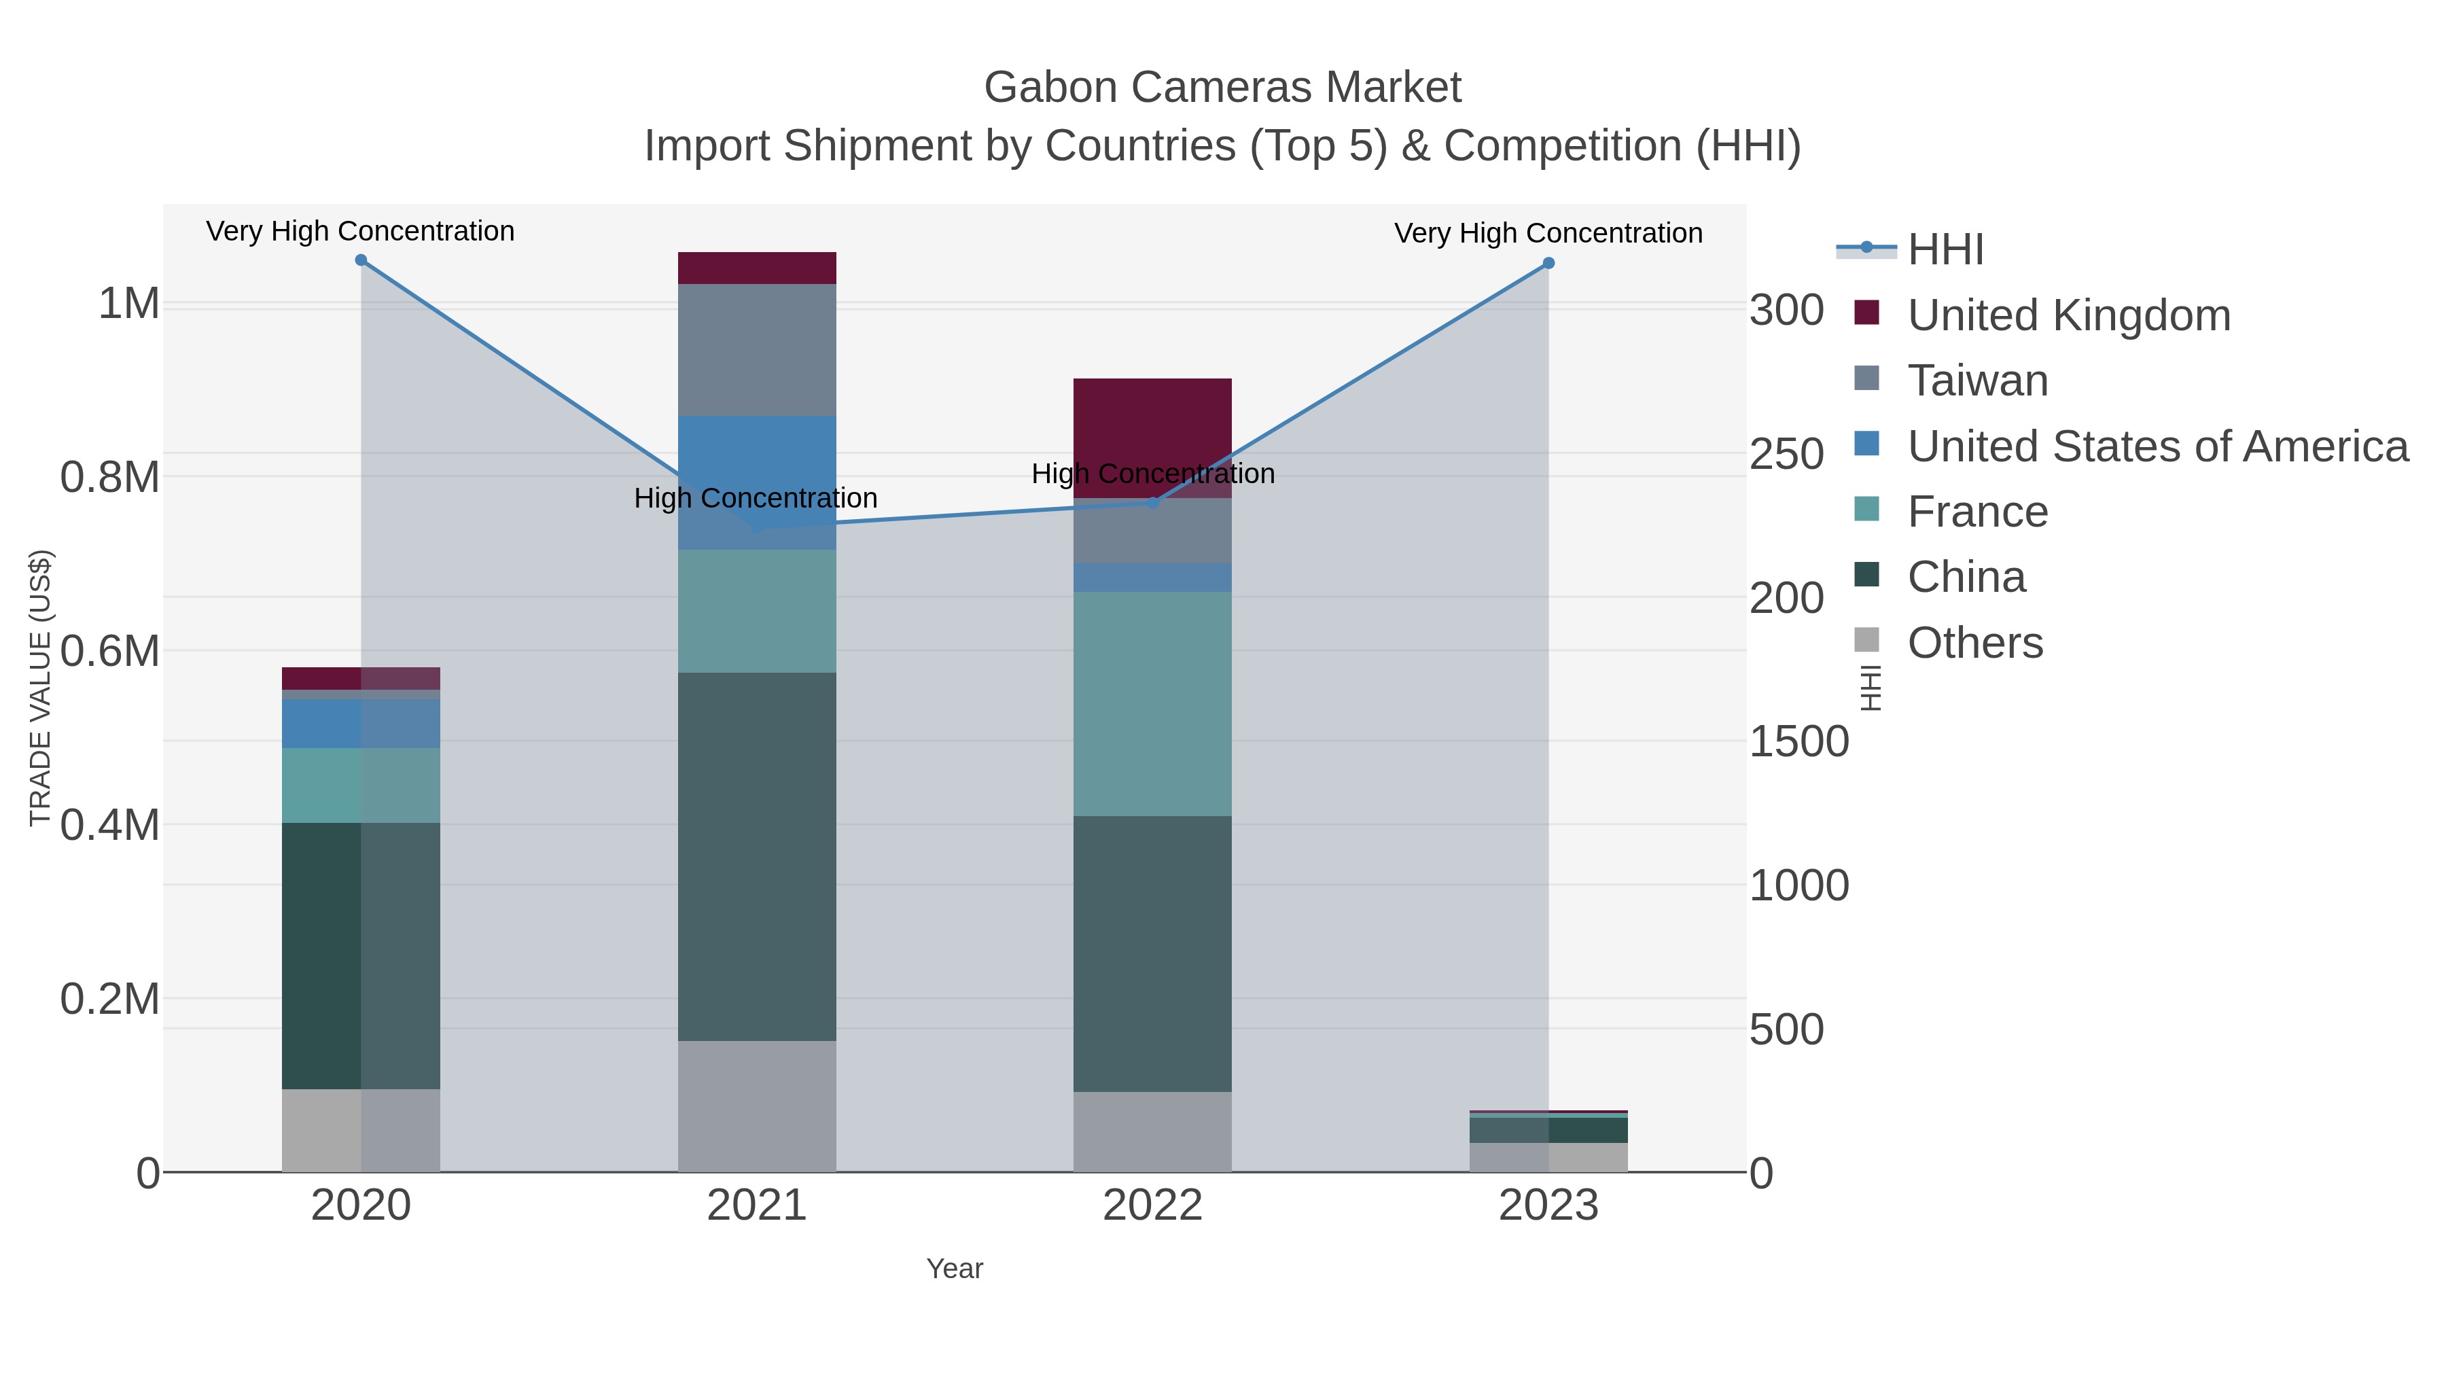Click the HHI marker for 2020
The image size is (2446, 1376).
[x=361, y=260]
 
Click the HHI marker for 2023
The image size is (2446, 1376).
[x=1548, y=263]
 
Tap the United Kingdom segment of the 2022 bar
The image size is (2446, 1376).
[x=1153, y=427]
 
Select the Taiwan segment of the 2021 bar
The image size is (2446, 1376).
[x=757, y=349]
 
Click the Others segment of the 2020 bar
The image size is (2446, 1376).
[x=361, y=1130]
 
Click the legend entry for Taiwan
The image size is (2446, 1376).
[x=1978, y=381]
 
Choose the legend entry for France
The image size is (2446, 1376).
[x=1978, y=512]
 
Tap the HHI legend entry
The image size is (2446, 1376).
[x=1945, y=250]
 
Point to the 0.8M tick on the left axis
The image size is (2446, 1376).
[x=110, y=477]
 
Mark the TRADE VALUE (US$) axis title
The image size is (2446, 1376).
[x=41, y=688]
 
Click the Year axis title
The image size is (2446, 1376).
[x=955, y=1269]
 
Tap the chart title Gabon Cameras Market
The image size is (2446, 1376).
[x=1222, y=88]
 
